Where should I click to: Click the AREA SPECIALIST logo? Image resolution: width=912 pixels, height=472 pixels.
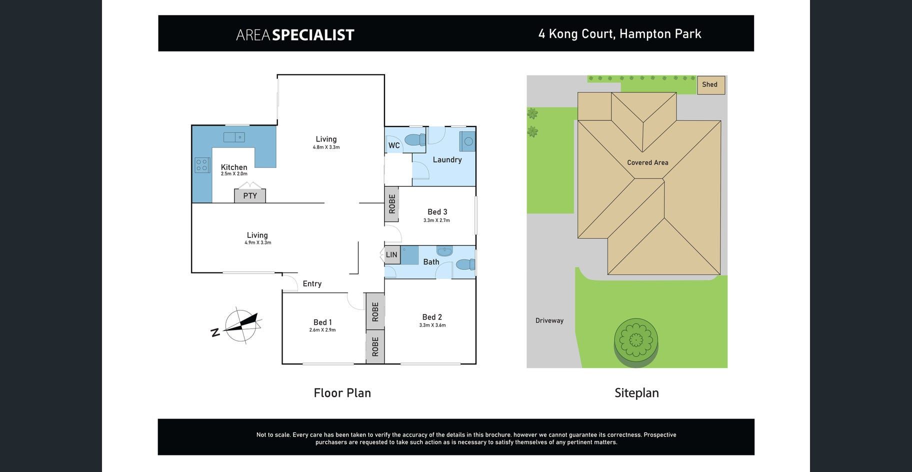295,34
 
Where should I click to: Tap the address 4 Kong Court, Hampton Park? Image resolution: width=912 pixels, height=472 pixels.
619,34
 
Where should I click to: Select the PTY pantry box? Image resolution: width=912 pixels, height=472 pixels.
250,195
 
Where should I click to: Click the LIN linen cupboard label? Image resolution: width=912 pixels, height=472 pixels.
391,255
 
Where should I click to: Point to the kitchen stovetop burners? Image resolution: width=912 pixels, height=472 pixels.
202,165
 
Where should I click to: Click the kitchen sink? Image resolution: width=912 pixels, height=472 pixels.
234,137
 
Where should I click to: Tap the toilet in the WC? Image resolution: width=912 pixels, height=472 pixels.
414,141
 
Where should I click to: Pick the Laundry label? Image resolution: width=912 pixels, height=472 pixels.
447,159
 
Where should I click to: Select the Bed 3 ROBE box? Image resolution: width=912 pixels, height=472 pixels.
392,203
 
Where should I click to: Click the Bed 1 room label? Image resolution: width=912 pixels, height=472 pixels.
322,322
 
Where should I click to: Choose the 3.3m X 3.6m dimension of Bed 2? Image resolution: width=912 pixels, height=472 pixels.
432,325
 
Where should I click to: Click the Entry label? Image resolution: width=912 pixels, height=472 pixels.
312,283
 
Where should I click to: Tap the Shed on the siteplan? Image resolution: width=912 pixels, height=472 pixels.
710,84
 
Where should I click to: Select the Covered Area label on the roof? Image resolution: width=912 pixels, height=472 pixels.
647,162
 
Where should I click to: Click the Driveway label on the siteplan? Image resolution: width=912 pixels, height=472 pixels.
549,320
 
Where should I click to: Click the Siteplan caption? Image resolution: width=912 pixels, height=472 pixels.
636,393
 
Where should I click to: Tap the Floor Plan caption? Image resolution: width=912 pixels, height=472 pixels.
342,393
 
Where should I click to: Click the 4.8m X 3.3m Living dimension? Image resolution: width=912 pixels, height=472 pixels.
326,147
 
